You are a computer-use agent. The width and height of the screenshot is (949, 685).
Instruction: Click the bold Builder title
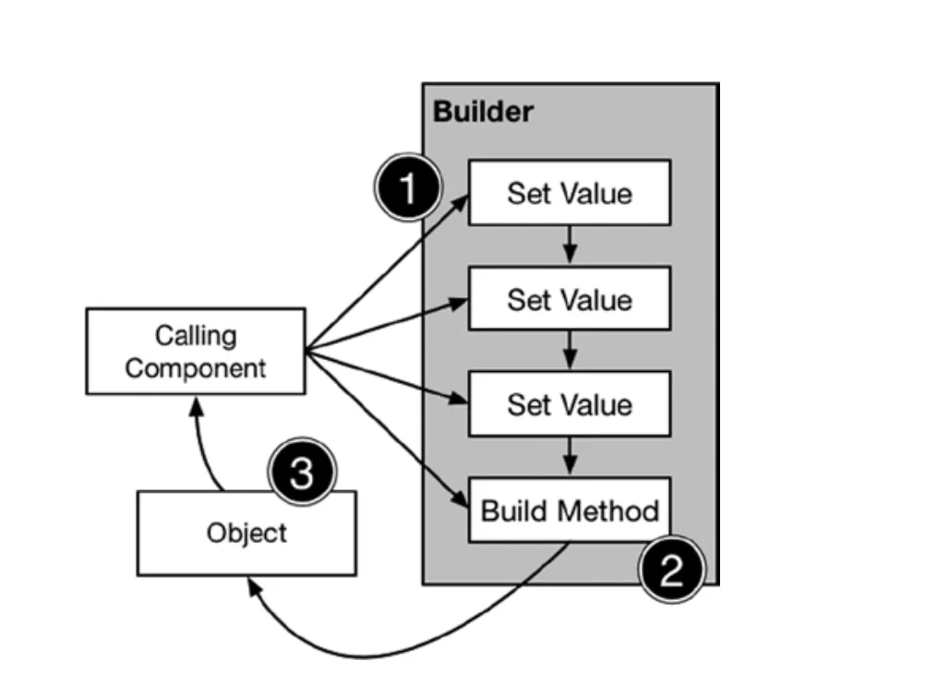(x=483, y=113)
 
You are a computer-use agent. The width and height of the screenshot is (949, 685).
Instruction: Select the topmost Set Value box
(x=569, y=193)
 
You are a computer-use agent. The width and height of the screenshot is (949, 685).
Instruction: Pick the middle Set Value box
(x=569, y=299)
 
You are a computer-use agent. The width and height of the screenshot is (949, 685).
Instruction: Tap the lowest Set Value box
(x=569, y=404)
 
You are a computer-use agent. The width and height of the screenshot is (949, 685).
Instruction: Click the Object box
(x=246, y=534)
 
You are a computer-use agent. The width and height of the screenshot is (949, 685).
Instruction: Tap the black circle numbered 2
(x=671, y=570)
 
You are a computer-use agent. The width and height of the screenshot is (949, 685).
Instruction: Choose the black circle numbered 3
(x=302, y=475)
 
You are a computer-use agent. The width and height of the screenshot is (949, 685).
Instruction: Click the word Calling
(x=196, y=335)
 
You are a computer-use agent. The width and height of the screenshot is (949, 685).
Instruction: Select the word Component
(x=196, y=368)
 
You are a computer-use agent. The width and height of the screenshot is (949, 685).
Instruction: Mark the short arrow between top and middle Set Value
(x=570, y=246)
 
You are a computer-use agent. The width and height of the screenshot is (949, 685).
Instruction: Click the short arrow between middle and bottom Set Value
(x=570, y=351)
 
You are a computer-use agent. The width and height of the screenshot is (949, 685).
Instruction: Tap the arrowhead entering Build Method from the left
(x=461, y=501)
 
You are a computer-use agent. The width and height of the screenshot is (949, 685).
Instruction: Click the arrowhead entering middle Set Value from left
(x=461, y=301)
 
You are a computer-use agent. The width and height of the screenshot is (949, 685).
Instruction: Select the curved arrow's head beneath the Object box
(x=252, y=586)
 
